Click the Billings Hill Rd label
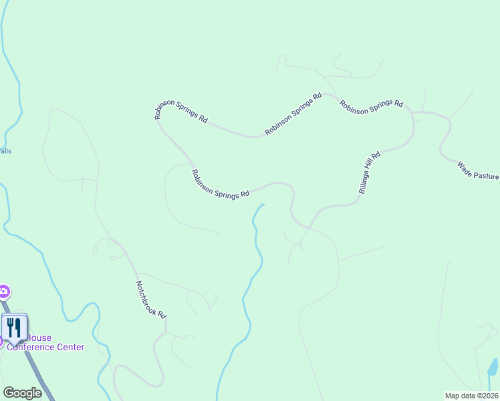(x=369, y=173)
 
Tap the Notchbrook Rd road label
(x=151, y=299)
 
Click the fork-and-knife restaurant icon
(x=14, y=327)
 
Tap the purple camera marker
(x=3, y=291)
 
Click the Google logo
(x=22, y=393)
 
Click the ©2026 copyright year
(x=487, y=395)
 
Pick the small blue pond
(x=493, y=366)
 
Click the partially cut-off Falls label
(x=5, y=151)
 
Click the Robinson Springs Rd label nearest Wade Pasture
(x=371, y=107)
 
